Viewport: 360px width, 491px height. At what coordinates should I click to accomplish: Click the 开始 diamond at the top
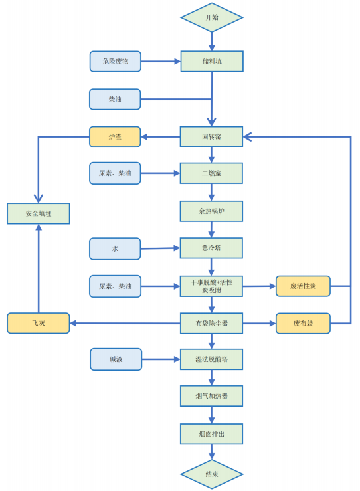212,17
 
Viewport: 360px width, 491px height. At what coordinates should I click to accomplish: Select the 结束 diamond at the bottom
212,474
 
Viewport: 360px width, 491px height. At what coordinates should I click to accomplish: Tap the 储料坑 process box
212,61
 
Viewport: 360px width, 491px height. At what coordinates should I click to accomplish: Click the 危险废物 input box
116,61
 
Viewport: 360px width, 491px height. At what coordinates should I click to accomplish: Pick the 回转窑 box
211,136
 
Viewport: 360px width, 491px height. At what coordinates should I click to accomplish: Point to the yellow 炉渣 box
115,136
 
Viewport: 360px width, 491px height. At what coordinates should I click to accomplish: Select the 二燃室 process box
211,173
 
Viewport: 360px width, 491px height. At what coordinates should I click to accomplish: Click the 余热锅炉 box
211,211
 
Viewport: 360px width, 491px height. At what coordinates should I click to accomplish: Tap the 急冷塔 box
211,248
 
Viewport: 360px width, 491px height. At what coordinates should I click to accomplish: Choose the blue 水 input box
115,248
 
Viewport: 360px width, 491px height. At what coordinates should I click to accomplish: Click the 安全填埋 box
39,213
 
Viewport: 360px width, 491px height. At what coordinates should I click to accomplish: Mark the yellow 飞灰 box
39,323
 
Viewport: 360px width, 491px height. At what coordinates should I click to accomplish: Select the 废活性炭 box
303,286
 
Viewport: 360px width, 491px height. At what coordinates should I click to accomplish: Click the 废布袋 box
303,323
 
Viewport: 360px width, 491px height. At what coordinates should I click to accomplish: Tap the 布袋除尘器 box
212,323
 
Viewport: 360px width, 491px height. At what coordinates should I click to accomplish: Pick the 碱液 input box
116,359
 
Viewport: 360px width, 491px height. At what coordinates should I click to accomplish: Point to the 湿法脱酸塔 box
212,359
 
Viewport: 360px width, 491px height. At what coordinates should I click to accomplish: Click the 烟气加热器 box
212,396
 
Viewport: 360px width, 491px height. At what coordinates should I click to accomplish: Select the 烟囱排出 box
212,434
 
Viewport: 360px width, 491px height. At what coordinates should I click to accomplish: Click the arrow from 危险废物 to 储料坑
161,61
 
